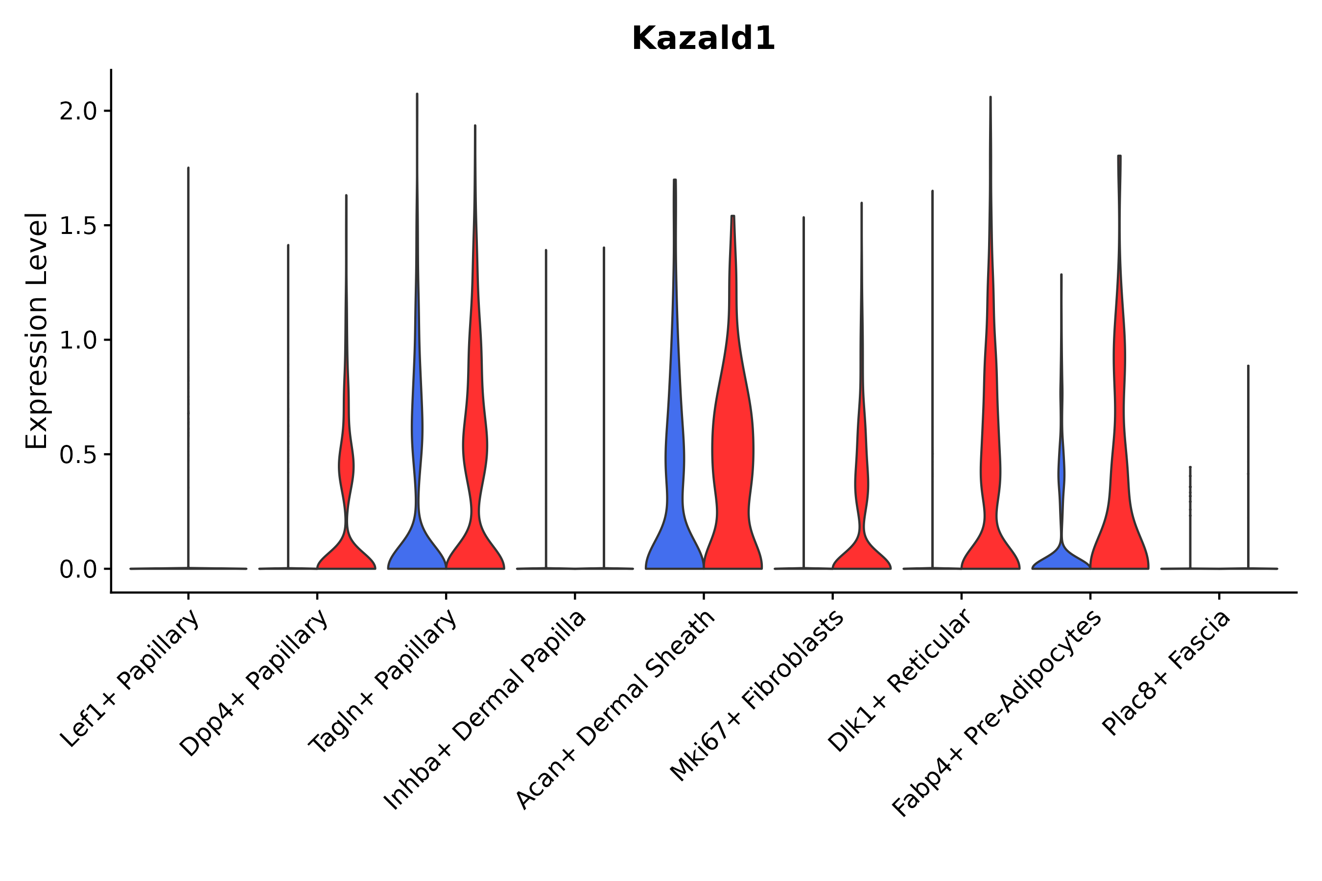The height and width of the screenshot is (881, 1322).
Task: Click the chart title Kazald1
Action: (703, 39)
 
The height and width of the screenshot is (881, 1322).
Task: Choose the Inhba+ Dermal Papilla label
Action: (486, 710)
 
